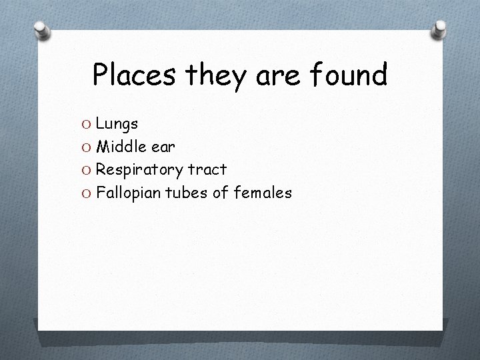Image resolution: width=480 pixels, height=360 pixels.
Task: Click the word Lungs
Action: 117,124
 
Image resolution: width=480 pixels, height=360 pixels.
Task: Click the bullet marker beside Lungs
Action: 87,124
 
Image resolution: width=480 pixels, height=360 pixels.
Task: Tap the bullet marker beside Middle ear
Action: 87,147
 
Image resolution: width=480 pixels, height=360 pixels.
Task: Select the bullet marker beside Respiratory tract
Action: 87,171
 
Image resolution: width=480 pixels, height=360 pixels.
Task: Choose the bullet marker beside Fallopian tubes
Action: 87,194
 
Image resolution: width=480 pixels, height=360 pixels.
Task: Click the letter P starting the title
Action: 100,75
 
